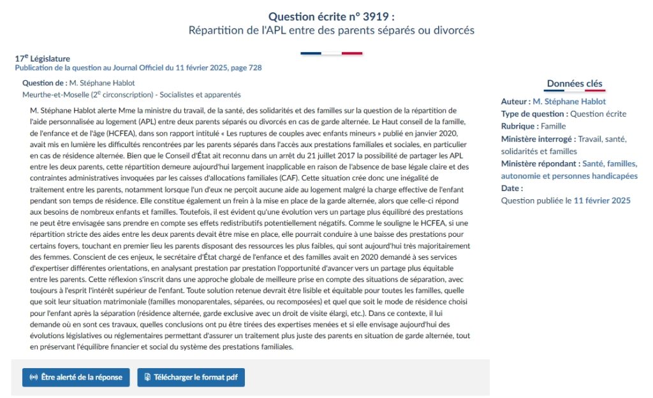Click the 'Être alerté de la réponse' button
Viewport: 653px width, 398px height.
click(76, 377)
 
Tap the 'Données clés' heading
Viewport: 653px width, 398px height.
click(575, 83)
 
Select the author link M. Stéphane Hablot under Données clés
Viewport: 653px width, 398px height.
click(569, 101)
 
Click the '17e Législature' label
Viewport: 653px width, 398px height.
click(42, 59)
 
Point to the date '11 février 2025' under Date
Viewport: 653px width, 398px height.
click(602, 201)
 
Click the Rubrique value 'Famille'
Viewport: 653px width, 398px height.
click(552, 126)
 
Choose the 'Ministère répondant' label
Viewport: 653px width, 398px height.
click(539, 164)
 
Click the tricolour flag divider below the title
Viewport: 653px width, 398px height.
click(331, 53)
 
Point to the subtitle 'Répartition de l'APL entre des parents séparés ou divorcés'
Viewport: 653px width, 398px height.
click(332, 30)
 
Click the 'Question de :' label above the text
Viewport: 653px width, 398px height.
click(45, 83)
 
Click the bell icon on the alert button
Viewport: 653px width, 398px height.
click(34, 377)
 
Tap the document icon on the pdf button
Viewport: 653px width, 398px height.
click(147, 377)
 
